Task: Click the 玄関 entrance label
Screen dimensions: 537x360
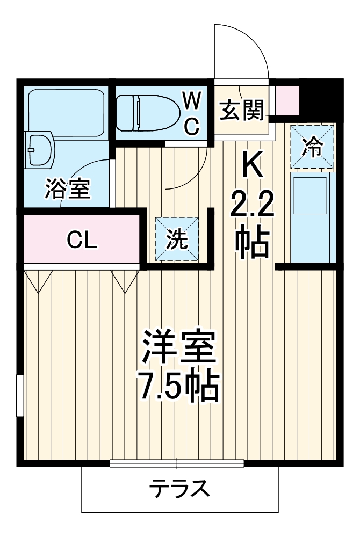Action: click(242, 111)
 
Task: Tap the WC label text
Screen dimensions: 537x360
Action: click(192, 112)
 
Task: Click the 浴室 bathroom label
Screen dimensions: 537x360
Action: click(67, 188)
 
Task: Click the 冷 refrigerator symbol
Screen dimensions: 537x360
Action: click(312, 147)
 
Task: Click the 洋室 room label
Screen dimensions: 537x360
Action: click(179, 349)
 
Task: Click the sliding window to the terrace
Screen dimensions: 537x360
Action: click(177, 463)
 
